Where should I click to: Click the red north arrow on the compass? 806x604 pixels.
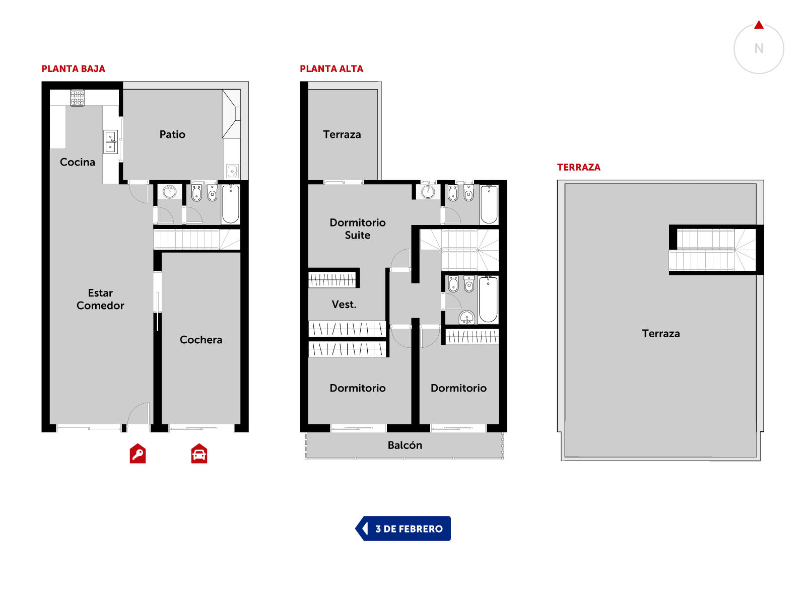tap(758, 25)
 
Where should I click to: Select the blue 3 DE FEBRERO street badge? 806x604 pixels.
tap(402, 528)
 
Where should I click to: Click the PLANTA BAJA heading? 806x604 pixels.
tap(73, 68)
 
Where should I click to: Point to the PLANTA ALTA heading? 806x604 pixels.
tap(331, 68)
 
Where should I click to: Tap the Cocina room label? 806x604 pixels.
tap(77, 162)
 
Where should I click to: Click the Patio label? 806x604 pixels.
tap(172, 134)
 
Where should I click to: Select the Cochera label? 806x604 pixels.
tap(201, 340)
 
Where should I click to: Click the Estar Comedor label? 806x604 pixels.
tap(100, 299)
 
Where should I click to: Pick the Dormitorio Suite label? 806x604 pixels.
tap(357, 229)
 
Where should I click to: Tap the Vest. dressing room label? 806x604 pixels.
tap(344, 304)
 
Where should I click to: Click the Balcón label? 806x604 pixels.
tap(405, 445)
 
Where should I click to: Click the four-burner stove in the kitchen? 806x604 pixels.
tap(77, 98)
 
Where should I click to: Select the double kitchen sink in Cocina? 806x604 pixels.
tap(110, 141)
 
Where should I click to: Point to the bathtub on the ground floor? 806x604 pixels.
tap(230, 204)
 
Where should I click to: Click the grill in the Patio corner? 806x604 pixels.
tap(231, 114)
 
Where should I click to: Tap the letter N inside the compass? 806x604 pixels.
tap(758, 48)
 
